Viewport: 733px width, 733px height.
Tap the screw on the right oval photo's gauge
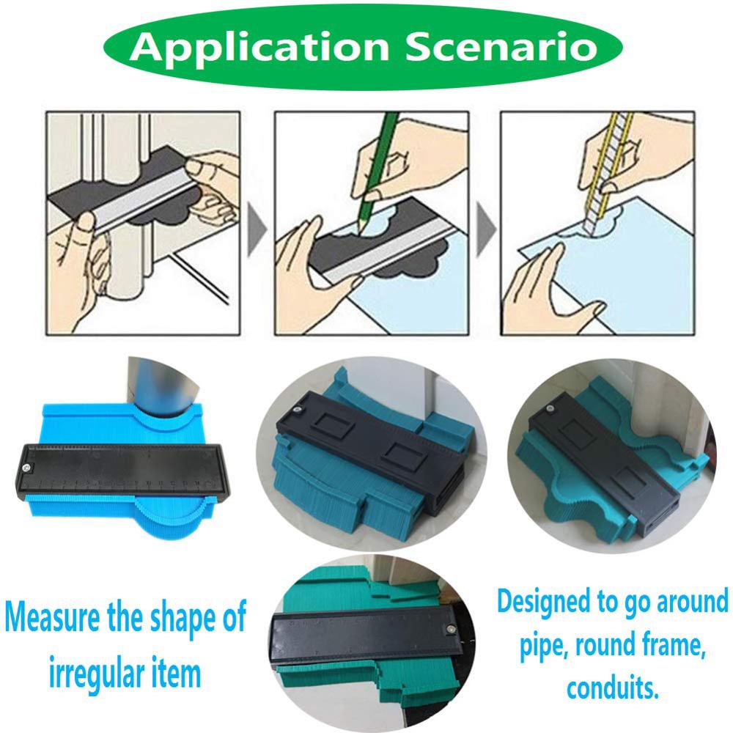[x=548, y=409]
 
